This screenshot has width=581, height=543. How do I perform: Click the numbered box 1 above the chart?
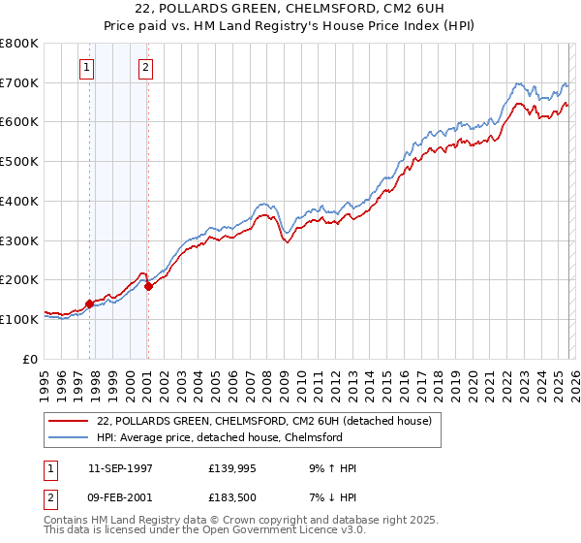coord(88,67)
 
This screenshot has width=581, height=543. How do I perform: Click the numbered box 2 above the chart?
coord(145,67)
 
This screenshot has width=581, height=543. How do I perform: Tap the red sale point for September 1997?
coord(90,303)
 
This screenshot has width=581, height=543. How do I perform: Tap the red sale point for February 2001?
coord(148,286)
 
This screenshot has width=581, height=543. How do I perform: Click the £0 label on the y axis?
coord(32,359)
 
